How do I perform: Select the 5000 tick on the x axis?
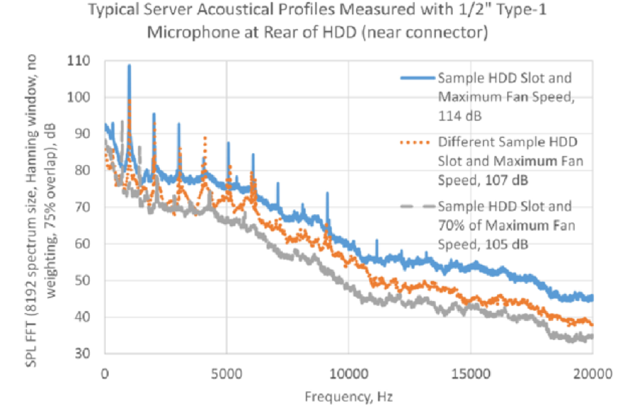click(x=227, y=372)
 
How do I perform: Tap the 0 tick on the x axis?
click(x=105, y=372)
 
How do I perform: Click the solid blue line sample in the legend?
click(x=415, y=78)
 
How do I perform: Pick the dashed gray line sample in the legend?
click(x=415, y=206)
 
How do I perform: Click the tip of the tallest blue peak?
click(x=129, y=65)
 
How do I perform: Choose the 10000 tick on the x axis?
click(x=348, y=372)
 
